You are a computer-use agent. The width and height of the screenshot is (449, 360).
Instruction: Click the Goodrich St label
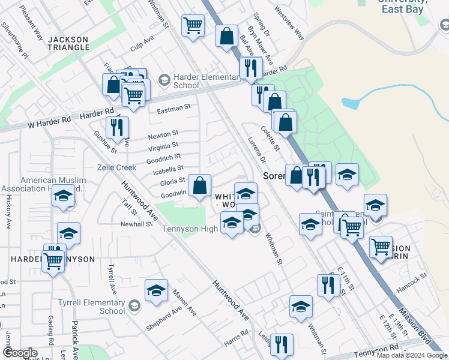(163, 158)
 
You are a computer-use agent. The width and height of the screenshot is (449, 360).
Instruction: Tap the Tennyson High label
(190, 229)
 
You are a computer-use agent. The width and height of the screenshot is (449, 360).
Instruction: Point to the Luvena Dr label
(257, 151)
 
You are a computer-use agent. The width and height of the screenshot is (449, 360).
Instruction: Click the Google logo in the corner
(20, 353)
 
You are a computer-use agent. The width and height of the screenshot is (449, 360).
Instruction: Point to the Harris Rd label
(236, 335)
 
